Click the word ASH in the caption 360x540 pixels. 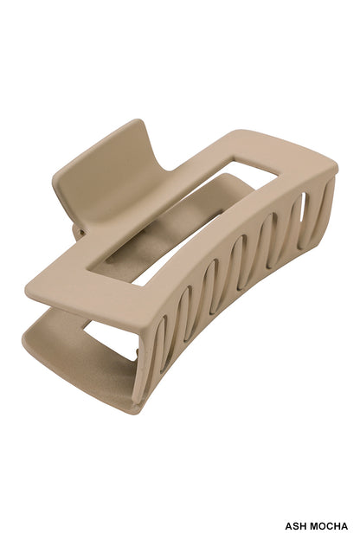[x=297, y=525]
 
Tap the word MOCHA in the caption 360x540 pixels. [x=330, y=525]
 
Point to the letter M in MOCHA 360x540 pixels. [x=315, y=525]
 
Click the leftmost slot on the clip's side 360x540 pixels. [x=162, y=342]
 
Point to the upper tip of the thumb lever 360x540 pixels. [x=130, y=126]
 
